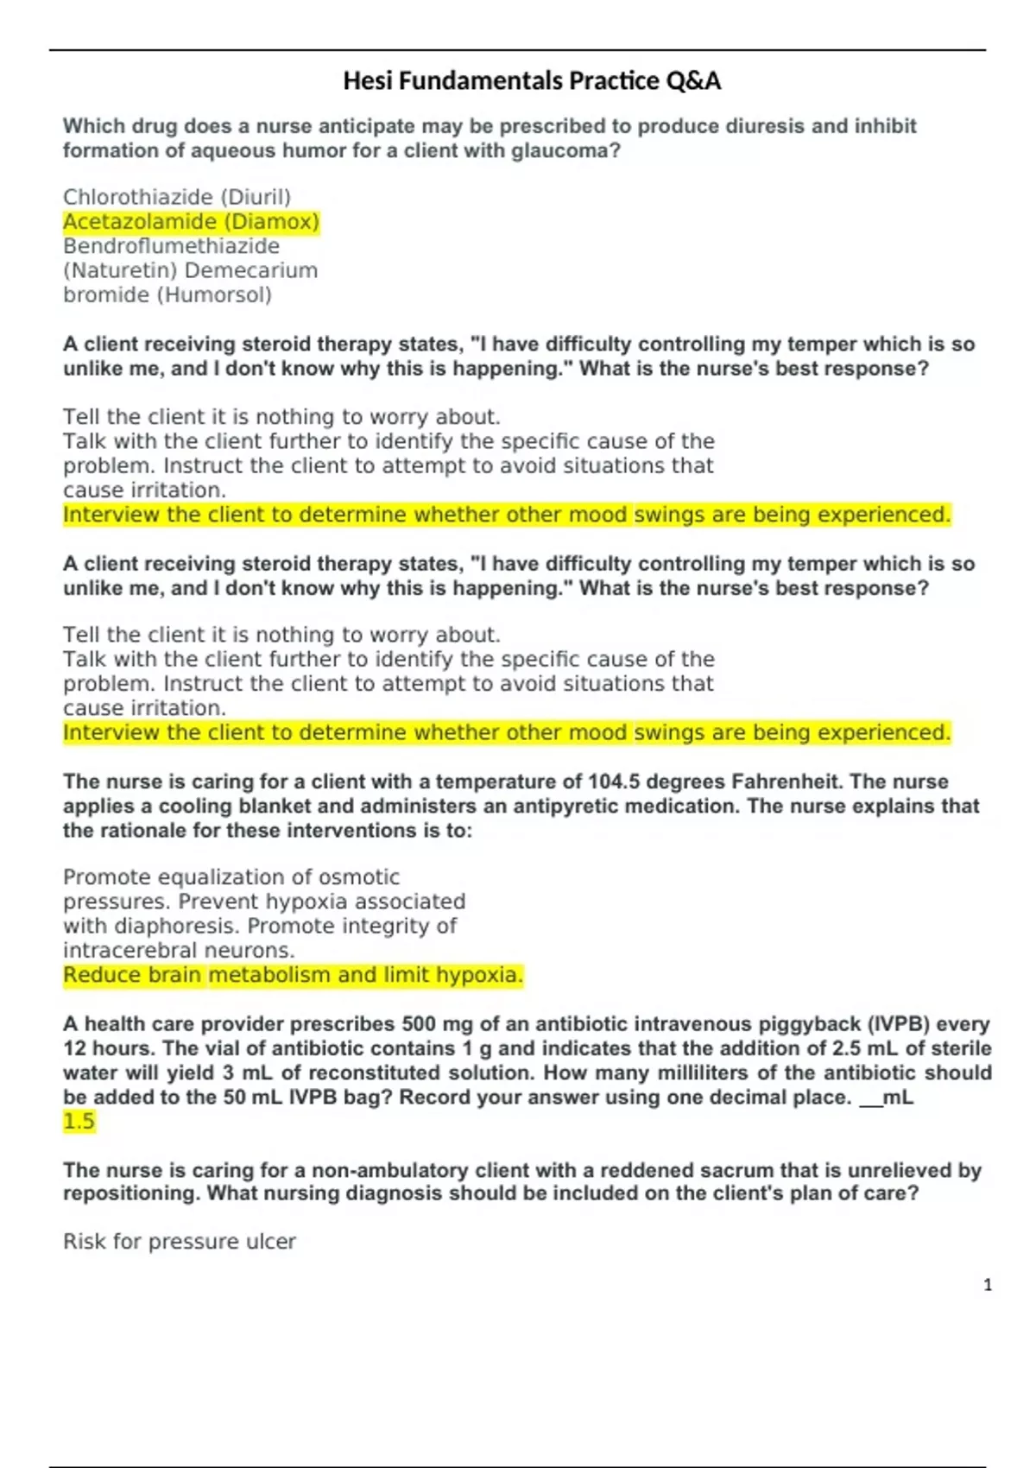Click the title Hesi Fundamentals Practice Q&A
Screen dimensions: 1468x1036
click(532, 81)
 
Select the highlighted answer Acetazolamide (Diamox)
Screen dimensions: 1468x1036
click(191, 222)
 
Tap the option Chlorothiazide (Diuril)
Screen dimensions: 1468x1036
click(177, 197)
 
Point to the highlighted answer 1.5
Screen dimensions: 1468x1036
click(79, 1122)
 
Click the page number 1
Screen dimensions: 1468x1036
click(988, 1285)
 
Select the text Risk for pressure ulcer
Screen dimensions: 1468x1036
click(180, 1242)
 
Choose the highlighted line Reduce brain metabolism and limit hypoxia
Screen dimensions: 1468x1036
click(293, 975)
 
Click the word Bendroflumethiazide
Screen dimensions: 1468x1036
click(171, 246)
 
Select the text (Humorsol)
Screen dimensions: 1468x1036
click(214, 295)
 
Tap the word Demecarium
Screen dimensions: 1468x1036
click(251, 270)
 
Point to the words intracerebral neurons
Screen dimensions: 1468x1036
click(179, 951)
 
